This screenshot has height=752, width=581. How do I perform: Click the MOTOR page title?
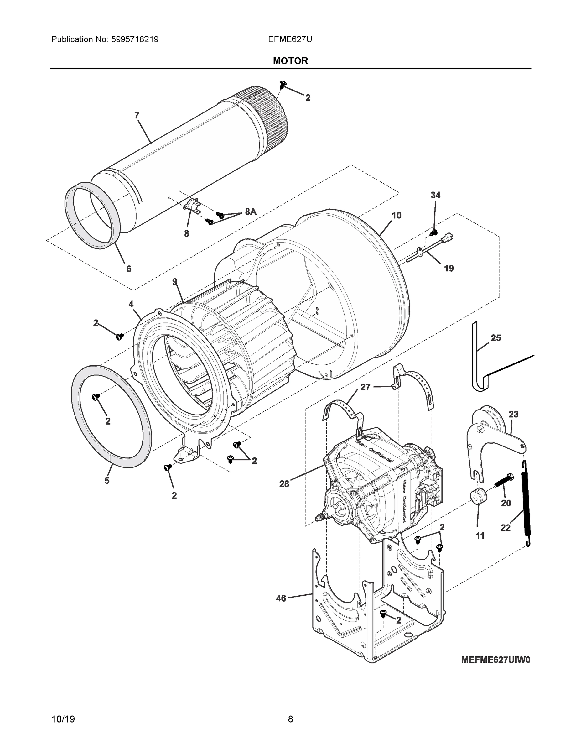click(x=290, y=61)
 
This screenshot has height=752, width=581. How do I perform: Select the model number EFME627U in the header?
click(x=290, y=39)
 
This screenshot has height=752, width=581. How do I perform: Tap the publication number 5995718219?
click(x=135, y=39)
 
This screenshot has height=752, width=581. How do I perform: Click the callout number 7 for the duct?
click(x=137, y=115)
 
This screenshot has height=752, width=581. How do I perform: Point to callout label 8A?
click(x=251, y=212)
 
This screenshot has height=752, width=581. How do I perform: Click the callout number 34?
click(x=435, y=195)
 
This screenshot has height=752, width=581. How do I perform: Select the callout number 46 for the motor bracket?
click(x=281, y=598)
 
